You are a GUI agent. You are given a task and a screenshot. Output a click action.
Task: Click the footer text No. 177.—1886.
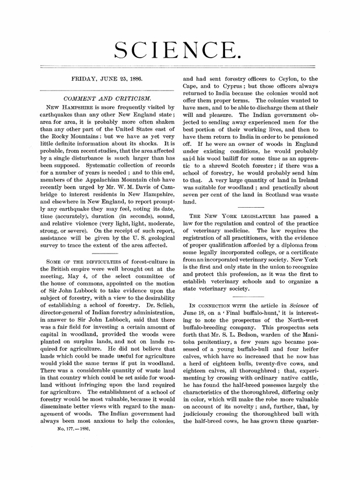pos(73,428)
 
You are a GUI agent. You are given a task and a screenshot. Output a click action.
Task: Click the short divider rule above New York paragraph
pos(251,207)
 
